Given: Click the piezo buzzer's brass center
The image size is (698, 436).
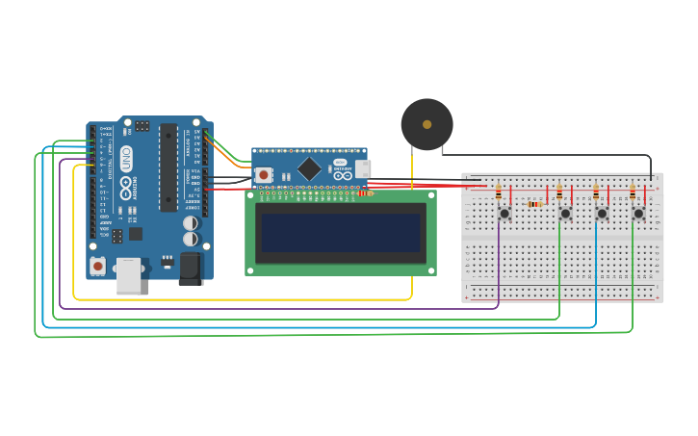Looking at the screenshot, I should click(x=427, y=124).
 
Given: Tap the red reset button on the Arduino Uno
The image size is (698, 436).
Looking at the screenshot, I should click(x=97, y=265).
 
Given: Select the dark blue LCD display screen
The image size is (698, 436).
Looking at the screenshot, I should click(x=341, y=232).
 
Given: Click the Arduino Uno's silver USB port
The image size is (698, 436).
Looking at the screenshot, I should click(x=128, y=275).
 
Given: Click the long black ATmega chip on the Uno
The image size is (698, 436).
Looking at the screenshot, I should click(x=168, y=167).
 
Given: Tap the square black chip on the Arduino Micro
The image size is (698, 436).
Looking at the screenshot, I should click(x=309, y=169).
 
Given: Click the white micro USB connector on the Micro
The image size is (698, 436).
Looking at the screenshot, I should click(x=362, y=168).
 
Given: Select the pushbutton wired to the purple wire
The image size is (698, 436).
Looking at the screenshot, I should click(x=504, y=214).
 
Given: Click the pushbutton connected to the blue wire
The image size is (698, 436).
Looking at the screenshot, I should click(x=602, y=214).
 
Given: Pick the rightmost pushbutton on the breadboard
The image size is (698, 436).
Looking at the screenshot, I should click(x=637, y=214).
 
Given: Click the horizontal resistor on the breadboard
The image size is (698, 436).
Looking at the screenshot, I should click(x=535, y=204).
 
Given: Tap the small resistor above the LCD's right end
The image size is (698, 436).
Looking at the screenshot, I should click(x=364, y=193).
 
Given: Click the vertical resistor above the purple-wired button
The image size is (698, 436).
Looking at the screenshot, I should click(x=498, y=192).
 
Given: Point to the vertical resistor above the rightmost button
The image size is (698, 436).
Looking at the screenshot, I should click(x=632, y=192).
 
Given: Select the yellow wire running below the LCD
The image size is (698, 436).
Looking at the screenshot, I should click(x=241, y=299).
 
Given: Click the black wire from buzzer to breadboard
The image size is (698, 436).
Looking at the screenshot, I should click(x=549, y=155).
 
